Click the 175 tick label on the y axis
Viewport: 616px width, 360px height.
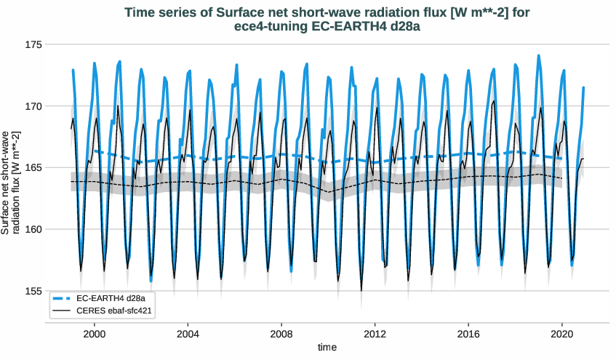pyautogui.click(x=34, y=44)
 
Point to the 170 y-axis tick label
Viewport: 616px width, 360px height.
pyautogui.click(x=34, y=106)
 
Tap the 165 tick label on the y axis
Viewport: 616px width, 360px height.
pyautogui.click(x=34, y=168)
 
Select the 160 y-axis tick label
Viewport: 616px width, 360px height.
pyautogui.click(x=34, y=230)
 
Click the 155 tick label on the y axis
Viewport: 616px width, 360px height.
pyautogui.click(x=34, y=292)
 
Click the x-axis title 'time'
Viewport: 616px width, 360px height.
pyautogui.click(x=327, y=348)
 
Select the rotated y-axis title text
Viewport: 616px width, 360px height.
pyautogui.click(x=10, y=183)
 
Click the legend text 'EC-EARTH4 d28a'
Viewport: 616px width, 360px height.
pyautogui.click(x=110, y=298)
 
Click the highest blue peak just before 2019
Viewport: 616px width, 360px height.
pyautogui.click(x=539, y=55)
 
